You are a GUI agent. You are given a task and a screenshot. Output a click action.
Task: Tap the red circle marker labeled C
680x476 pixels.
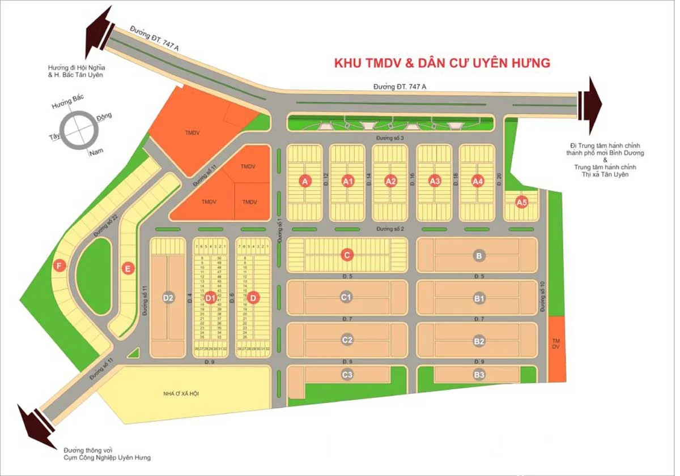pyautogui.click(x=347, y=255)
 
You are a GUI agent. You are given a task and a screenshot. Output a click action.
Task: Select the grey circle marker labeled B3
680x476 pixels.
pyautogui.click(x=479, y=374)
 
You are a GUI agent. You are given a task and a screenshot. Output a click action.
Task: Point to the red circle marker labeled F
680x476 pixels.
pyautogui.click(x=58, y=265)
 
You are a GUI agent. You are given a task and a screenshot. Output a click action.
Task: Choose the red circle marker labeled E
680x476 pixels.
pyautogui.click(x=128, y=268)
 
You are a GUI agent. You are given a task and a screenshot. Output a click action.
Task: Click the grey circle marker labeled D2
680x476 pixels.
pyautogui.click(x=168, y=298)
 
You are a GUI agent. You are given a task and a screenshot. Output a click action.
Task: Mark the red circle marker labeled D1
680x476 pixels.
pyautogui.click(x=210, y=298)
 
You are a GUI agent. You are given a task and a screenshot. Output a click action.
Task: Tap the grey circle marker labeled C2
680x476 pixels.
pyautogui.click(x=347, y=341)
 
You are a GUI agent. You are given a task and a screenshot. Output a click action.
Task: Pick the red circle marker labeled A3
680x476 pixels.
pyautogui.click(x=435, y=181)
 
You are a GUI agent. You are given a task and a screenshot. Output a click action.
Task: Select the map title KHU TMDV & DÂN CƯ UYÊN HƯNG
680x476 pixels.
pyautogui.click(x=442, y=63)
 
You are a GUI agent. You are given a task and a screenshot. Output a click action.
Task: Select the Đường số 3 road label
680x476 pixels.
pyautogui.click(x=391, y=138)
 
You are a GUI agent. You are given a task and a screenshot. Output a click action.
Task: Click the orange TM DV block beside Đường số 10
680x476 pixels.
pyautogui.click(x=557, y=349)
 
